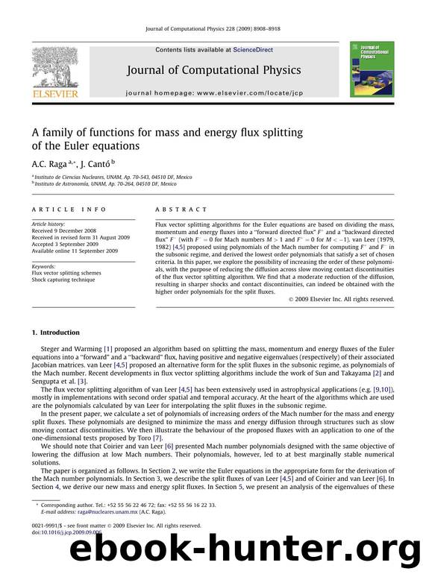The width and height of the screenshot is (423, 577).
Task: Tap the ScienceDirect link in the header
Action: click(x=254, y=50)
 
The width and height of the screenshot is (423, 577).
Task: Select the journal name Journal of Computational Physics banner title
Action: click(x=213, y=70)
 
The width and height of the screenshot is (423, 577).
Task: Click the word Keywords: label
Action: click(x=44, y=265)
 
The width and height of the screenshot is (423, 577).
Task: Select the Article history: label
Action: click(x=48, y=223)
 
